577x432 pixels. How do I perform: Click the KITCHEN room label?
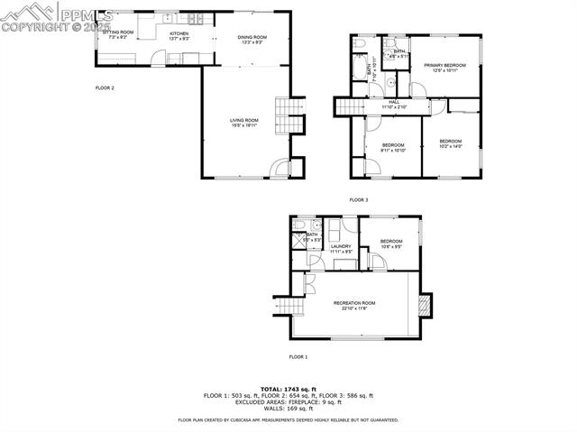tap(179, 33)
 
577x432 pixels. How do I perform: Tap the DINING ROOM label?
tap(251, 37)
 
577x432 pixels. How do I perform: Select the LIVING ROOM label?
tap(243, 120)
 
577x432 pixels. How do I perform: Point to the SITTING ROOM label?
tap(121, 32)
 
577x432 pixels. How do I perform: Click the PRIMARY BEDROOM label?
tap(444, 65)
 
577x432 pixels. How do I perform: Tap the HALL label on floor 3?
tap(394, 102)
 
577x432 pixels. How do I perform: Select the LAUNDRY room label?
tap(340, 245)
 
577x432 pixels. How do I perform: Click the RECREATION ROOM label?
tap(354, 302)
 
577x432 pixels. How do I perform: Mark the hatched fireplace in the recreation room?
tap(424, 307)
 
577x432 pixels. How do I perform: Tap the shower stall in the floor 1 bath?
tap(298, 241)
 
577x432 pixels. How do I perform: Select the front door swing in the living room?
tap(282, 168)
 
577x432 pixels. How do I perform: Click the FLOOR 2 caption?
tap(105, 87)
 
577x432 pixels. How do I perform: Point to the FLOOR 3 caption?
tap(359, 199)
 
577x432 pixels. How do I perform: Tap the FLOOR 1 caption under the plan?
tap(298, 357)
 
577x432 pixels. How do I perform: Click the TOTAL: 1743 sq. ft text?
tap(288, 387)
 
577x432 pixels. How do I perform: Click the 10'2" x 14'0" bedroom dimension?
tap(451, 146)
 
